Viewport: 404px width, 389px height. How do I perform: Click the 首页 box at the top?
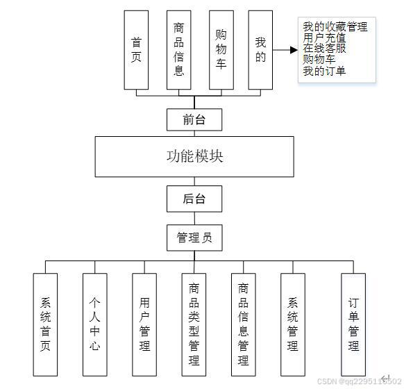point(136,50)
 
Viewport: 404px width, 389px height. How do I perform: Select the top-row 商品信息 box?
point(179,50)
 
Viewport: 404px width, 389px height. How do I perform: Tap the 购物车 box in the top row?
point(221,50)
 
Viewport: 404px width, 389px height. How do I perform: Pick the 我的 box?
point(260,50)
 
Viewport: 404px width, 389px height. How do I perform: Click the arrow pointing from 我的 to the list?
point(283,50)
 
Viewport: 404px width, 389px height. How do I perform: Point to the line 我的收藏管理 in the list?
point(335,27)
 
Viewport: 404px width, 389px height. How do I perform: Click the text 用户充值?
point(324,38)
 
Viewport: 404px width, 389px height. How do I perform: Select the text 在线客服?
point(324,49)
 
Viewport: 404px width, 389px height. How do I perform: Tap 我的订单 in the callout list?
point(324,71)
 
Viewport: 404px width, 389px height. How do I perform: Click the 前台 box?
point(194,119)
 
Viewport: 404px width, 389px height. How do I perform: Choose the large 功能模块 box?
point(194,156)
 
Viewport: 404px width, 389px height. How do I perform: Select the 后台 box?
point(194,199)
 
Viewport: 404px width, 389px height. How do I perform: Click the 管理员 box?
point(194,238)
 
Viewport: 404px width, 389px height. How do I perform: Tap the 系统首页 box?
point(46,324)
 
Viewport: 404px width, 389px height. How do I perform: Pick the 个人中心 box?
point(94,324)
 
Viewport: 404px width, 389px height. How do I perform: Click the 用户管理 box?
point(144,324)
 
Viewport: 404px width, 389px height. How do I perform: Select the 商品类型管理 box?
point(194,324)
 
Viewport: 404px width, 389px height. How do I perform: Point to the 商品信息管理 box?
point(243,324)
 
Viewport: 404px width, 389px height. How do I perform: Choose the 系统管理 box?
point(293,324)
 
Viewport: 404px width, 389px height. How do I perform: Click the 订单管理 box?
point(353,324)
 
